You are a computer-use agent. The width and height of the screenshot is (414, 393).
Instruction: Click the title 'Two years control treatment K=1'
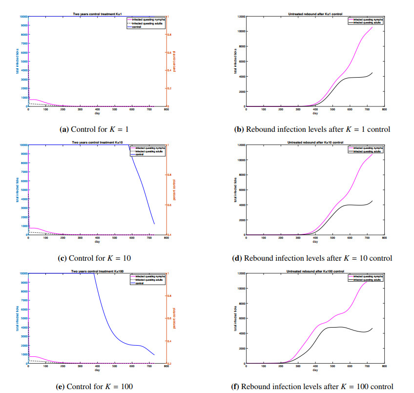(x=97, y=14)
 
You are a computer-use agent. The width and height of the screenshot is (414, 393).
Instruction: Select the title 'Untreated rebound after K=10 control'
(x=315, y=142)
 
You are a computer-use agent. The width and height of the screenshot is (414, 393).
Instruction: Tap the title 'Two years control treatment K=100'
(x=97, y=271)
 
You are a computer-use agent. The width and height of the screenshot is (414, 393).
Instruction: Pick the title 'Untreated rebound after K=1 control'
(x=315, y=14)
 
